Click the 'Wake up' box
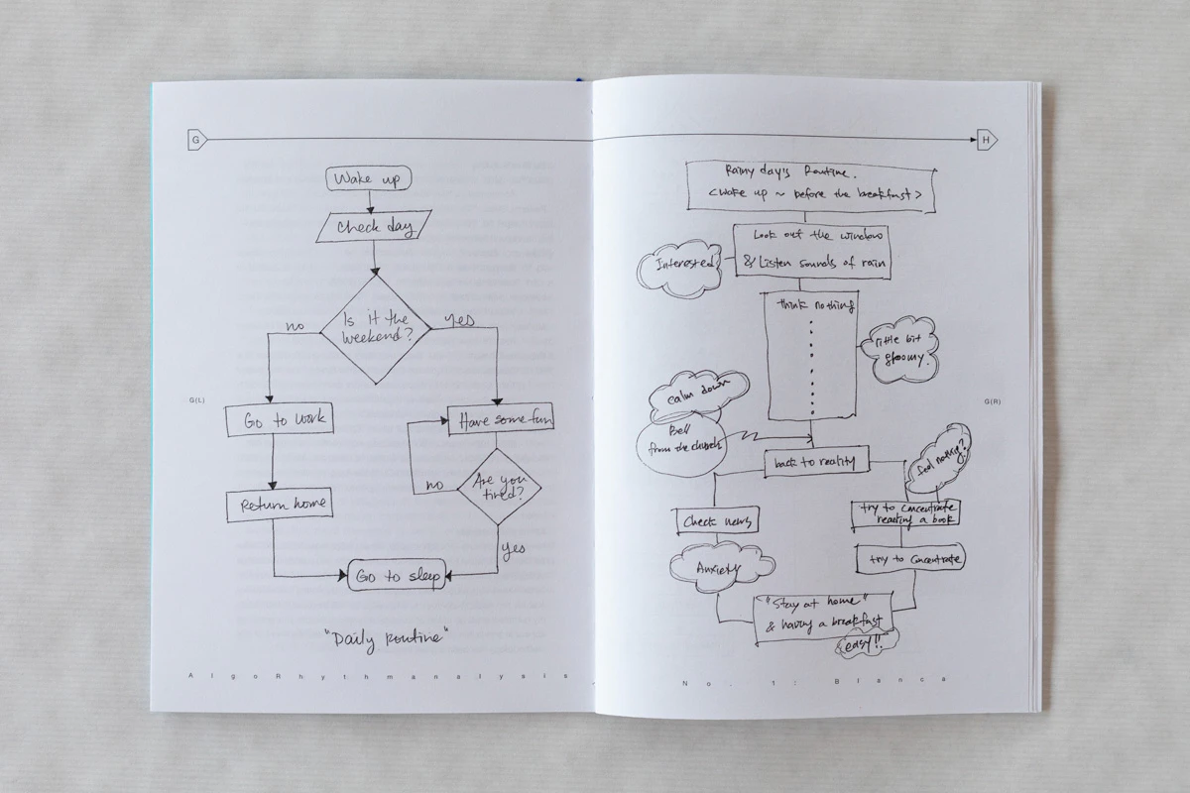pyautogui.click(x=368, y=179)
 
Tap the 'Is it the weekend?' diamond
pyautogui.click(x=373, y=329)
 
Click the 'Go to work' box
pyautogui.click(x=278, y=420)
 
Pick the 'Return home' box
pyautogui.click(x=278, y=505)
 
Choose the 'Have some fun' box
pyautogui.click(x=500, y=420)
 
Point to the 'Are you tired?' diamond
pyautogui.click(x=496, y=486)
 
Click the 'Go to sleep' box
pyautogui.click(x=397, y=576)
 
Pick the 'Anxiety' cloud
pyautogui.click(x=720, y=567)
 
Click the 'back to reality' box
pyautogui.click(x=816, y=462)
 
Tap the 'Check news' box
pyautogui.click(x=717, y=521)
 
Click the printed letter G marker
pyautogui.click(x=195, y=141)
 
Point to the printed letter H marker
pyautogui.click(x=987, y=141)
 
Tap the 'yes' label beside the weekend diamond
pyautogui.click(x=458, y=320)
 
